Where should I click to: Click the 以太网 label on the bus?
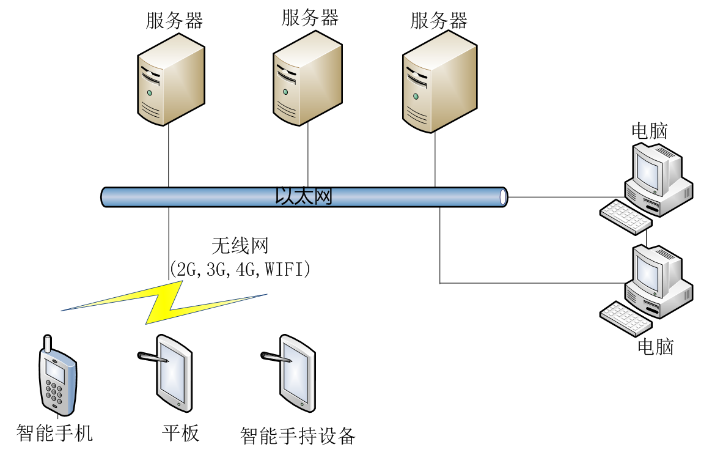coord(304,196)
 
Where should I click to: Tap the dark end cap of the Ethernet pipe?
coord(503,197)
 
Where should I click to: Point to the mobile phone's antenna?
coord(48,344)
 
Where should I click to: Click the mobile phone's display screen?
coord(55,371)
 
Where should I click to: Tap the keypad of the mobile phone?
coord(55,393)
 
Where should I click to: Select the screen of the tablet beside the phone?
coord(172,374)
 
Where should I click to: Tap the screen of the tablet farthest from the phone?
coord(296,374)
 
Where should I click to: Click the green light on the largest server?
coord(416,96)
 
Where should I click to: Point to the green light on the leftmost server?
coord(149,93)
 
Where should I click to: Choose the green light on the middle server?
coord(285,92)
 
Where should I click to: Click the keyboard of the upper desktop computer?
coord(625,217)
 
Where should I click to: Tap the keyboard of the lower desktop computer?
coord(625,319)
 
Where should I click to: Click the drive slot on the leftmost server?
coord(150,78)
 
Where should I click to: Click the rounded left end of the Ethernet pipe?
coord(106,197)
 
